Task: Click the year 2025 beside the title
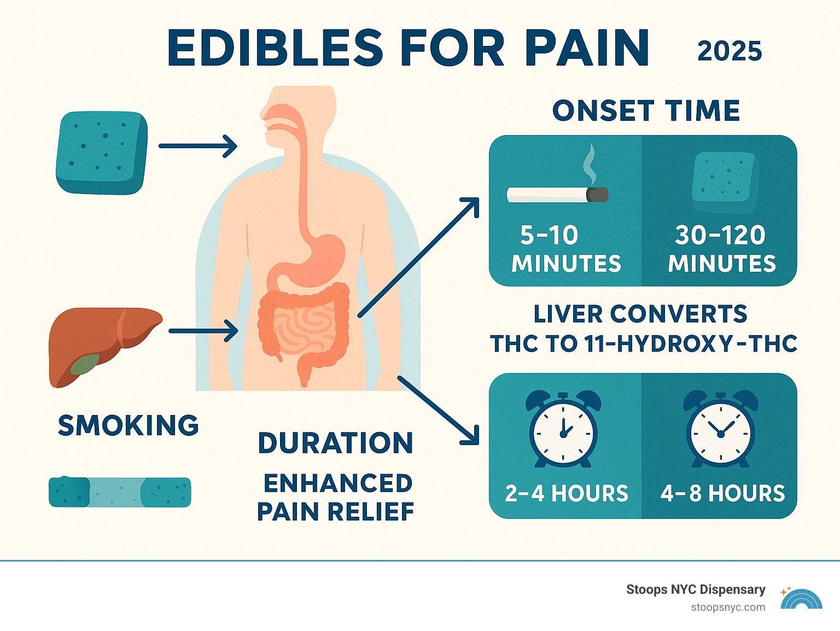pyautogui.click(x=730, y=51)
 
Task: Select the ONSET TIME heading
pyautogui.click(x=646, y=111)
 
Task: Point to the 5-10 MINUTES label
pyautogui.click(x=566, y=249)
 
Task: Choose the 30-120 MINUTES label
pyautogui.click(x=721, y=249)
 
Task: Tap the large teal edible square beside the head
pyautogui.click(x=102, y=153)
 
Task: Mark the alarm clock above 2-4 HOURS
pyautogui.click(x=563, y=430)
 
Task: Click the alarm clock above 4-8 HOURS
pyautogui.click(x=720, y=430)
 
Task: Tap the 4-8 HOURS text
pyautogui.click(x=722, y=494)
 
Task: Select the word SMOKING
pyautogui.click(x=129, y=426)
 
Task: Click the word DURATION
pyautogui.click(x=335, y=443)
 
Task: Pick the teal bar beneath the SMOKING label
pyautogui.click(x=120, y=492)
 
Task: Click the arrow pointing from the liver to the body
pyautogui.click(x=203, y=331)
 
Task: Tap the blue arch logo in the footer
pyautogui.click(x=801, y=599)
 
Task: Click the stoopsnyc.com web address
pyautogui.click(x=728, y=607)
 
